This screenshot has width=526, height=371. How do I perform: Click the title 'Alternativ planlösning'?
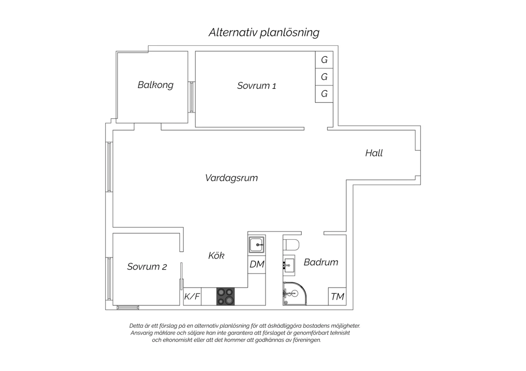[x=264, y=33]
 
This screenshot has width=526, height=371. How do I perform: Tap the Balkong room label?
[x=155, y=85]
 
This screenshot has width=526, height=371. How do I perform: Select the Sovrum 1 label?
[x=256, y=85]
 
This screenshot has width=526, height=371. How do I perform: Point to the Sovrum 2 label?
[x=147, y=267]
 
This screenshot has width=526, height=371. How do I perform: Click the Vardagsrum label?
[x=231, y=178]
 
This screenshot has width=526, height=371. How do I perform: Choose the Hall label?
[x=374, y=153]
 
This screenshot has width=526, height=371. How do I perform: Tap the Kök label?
[x=216, y=255]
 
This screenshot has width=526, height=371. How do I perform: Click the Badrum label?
[x=321, y=262]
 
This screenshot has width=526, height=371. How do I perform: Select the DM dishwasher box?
[x=257, y=265]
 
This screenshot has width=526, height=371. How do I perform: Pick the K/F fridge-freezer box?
[x=192, y=296]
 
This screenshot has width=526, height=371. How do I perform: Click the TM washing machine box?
[x=337, y=296]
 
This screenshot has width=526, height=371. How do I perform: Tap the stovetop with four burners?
[x=225, y=296]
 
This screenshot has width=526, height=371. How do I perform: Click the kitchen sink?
[x=257, y=245]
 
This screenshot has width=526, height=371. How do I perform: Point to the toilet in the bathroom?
[x=291, y=245]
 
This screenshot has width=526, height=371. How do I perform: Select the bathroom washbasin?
[x=289, y=265]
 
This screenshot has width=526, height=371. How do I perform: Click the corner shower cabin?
[x=295, y=294]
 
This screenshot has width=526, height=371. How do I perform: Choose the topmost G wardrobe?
[x=324, y=60]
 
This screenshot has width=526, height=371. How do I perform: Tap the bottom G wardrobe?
[x=324, y=94]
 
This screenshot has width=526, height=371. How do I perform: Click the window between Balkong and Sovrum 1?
[x=191, y=97]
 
